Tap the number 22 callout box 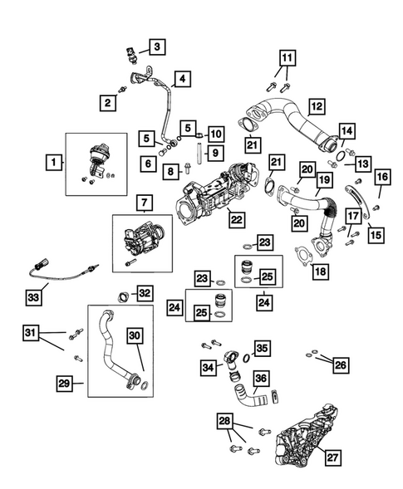click(237, 219)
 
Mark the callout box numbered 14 click(347, 131)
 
